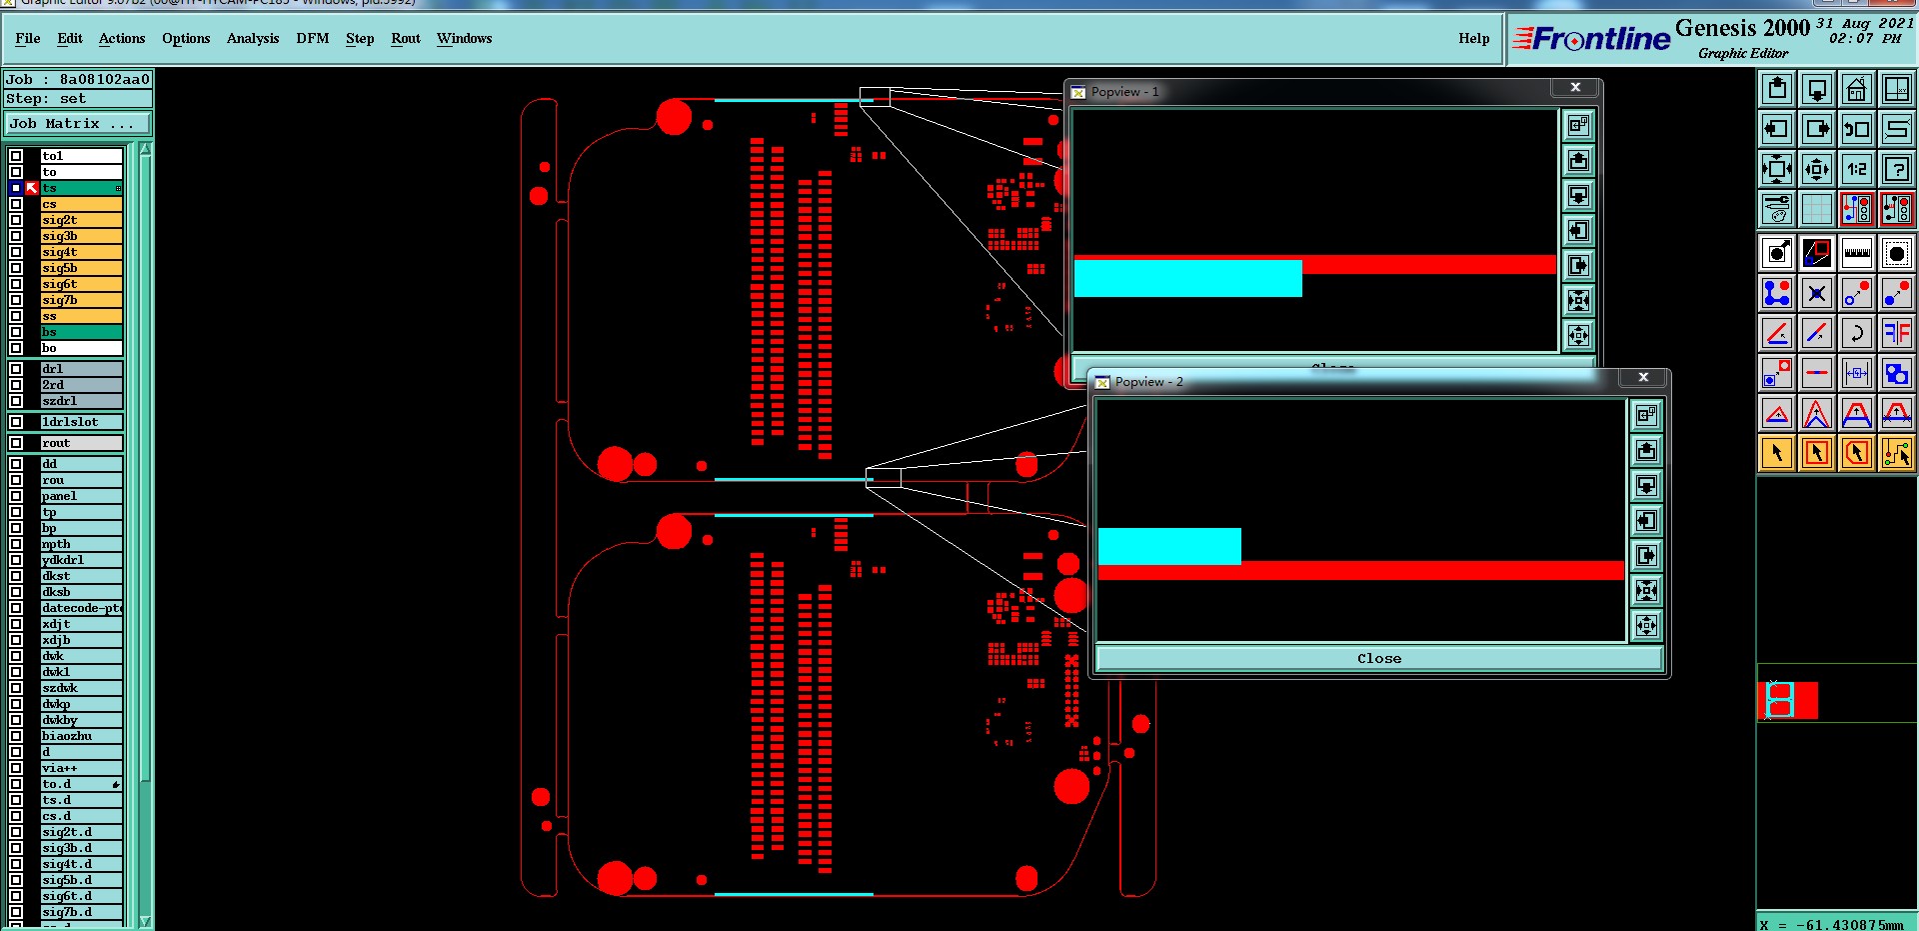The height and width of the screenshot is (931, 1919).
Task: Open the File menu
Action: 28,39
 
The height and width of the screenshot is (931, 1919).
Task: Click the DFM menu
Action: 312,39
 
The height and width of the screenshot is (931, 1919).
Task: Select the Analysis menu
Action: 252,39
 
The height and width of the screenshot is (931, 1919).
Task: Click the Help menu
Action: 1473,39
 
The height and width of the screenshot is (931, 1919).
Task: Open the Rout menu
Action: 405,39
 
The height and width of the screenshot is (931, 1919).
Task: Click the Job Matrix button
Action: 77,124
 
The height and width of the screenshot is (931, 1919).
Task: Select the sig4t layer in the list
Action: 80,252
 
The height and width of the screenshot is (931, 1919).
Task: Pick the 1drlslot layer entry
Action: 80,422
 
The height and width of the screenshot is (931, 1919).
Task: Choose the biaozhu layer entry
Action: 80,736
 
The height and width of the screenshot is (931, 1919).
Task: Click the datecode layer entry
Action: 80,608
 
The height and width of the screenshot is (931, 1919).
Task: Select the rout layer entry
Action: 80,443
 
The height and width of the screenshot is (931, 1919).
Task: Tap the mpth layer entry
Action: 80,544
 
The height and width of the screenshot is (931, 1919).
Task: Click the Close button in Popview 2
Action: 1378,658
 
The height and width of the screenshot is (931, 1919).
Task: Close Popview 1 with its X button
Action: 1575,88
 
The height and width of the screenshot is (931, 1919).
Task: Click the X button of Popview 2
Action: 1643,377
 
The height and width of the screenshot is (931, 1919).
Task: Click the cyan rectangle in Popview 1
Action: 1187,278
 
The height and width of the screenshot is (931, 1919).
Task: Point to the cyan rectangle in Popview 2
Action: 1169,546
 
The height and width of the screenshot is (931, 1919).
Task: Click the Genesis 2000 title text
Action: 1742,28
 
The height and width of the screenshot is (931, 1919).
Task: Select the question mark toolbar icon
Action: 1896,169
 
